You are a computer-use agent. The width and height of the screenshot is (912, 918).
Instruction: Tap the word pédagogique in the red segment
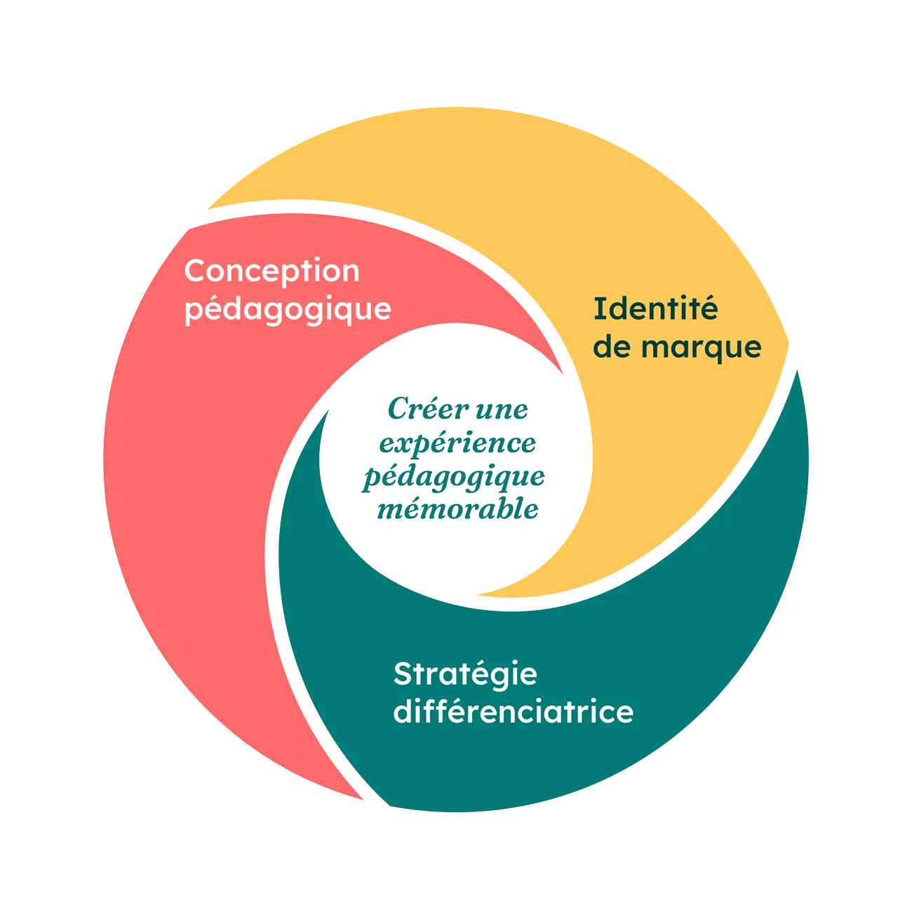click(x=288, y=309)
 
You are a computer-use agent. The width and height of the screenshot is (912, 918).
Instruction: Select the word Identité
click(x=656, y=309)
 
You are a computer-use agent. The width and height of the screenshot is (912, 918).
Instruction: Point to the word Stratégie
click(x=465, y=675)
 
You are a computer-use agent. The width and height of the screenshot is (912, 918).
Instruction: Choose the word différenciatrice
click(x=513, y=712)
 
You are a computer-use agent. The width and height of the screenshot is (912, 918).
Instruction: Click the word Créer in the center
click(x=419, y=409)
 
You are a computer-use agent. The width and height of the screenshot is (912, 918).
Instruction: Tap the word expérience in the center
click(x=457, y=443)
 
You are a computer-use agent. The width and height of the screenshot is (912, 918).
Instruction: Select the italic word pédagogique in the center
click(x=452, y=477)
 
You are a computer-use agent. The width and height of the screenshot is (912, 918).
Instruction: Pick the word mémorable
click(x=457, y=510)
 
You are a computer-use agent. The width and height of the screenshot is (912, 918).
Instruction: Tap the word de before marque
click(x=612, y=347)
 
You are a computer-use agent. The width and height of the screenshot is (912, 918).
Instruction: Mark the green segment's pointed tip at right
click(x=798, y=370)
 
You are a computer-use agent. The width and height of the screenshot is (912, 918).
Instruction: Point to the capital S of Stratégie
click(x=403, y=675)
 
